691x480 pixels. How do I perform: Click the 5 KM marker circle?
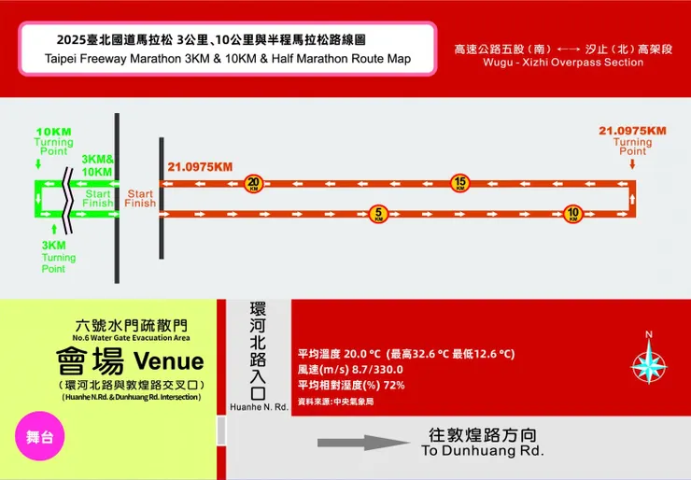378,213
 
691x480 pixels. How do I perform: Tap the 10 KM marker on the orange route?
572,213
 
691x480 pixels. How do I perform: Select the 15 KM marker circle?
459,183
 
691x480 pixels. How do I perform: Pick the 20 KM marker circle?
253,183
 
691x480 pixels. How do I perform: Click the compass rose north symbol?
649,360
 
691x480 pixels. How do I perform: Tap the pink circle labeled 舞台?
39,436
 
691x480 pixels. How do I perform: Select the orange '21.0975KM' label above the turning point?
632,131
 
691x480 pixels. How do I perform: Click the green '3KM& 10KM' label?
97,165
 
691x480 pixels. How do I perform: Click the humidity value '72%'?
393,385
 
